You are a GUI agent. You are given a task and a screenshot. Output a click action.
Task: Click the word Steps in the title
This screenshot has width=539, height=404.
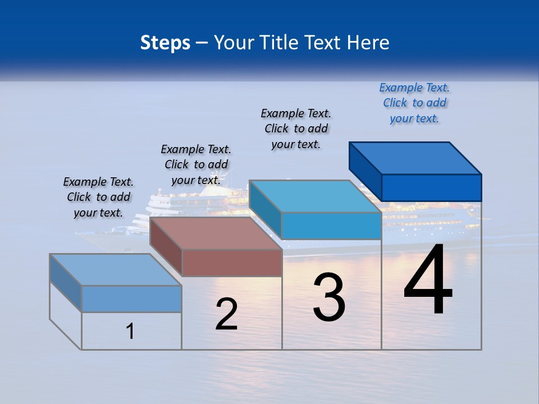coord(165,43)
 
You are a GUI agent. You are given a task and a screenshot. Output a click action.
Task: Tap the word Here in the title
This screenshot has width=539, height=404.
coord(369,43)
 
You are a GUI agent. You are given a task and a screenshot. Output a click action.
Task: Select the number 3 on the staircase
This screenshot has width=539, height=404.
coord(328,297)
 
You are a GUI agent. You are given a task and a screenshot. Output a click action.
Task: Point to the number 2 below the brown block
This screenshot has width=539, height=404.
coord(226,314)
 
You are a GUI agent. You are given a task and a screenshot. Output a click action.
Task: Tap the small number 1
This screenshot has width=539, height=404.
coord(130,331)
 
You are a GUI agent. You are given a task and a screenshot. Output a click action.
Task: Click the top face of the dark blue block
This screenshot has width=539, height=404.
coord(415,158)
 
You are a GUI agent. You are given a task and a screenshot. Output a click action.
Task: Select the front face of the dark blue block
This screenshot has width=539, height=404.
coord(431,187)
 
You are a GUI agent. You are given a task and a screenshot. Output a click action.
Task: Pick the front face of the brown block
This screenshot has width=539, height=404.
coord(232,263)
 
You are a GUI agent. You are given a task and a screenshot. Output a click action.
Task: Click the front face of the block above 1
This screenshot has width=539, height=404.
coord(131,299)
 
